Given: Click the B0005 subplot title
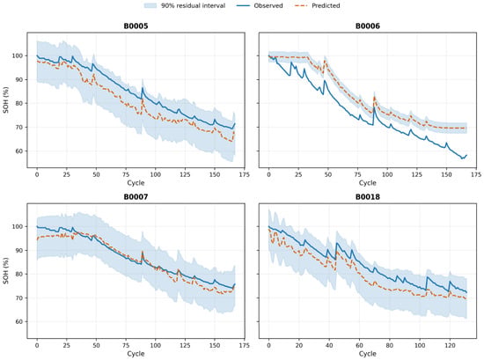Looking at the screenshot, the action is (x=136, y=26).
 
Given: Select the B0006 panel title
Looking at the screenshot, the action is (x=368, y=26).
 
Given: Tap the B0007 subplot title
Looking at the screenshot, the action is (x=136, y=196).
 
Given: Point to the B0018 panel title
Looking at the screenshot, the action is (x=368, y=196).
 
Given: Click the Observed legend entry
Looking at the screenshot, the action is (x=260, y=5).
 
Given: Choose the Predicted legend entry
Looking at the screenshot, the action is (x=317, y=5).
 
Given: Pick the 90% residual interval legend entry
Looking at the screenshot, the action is (x=185, y=5).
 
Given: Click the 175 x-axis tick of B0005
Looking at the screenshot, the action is (x=244, y=174).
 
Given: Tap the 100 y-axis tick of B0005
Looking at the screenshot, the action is (x=18, y=55).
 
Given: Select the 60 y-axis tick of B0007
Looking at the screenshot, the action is (x=20, y=322).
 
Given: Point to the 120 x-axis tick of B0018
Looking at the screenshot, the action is (x=450, y=345).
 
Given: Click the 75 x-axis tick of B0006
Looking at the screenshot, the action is (x=358, y=174).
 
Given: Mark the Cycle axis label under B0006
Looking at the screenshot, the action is (x=368, y=183).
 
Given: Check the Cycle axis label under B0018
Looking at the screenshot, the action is (x=368, y=354).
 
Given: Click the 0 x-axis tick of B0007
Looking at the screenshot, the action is (x=37, y=345).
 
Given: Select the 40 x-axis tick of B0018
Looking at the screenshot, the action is (x=329, y=345).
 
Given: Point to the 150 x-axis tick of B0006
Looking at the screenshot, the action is (x=446, y=174).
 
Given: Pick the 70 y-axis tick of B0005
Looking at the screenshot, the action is (x=20, y=128).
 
